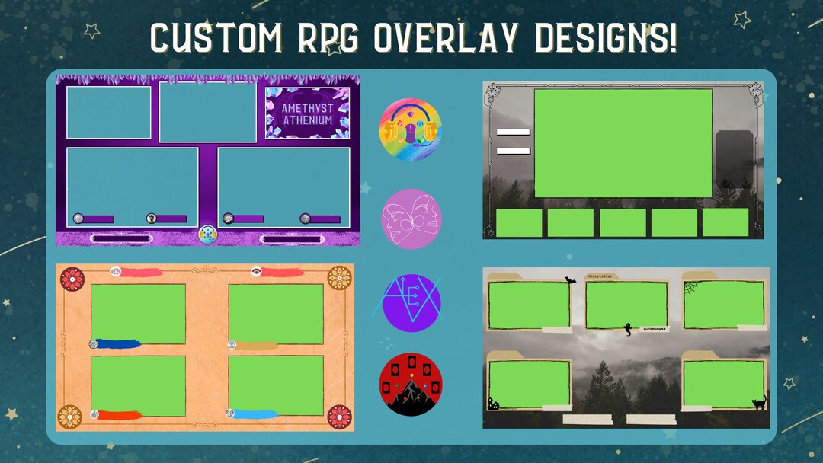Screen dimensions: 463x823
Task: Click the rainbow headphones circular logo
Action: click(411, 130)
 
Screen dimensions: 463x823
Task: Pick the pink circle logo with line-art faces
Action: click(411, 219)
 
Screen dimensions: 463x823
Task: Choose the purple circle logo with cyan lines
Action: click(411, 302)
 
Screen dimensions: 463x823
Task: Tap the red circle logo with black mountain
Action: click(411, 385)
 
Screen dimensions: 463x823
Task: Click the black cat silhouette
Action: click(760, 403)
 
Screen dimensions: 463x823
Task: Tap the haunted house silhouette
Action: click(493, 404)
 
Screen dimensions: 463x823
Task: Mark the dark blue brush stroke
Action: click(118, 343)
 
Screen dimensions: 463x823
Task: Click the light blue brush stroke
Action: click(255, 414)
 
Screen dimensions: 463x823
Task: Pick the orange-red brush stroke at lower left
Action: click(118, 415)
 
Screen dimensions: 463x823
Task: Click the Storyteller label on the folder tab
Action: click(600, 276)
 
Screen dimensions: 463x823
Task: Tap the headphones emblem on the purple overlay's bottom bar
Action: click(208, 235)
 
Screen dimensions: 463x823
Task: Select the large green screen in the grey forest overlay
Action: click(623, 143)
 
